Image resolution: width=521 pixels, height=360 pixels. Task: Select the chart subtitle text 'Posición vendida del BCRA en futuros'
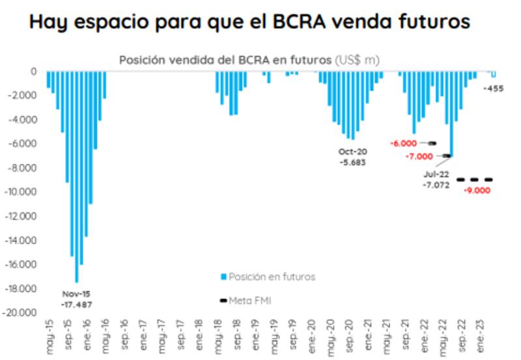(x=225, y=60)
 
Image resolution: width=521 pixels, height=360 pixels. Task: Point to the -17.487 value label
(x=76, y=304)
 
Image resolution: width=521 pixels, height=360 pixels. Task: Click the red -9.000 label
(x=476, y=191)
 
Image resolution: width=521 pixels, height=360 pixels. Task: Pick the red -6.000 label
(x=402, y=143)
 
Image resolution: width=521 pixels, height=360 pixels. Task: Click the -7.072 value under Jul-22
(x=436, y=186)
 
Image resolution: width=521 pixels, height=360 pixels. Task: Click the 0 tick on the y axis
(x=33, y=72)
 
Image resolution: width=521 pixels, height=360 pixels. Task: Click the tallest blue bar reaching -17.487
(x=76, y=176)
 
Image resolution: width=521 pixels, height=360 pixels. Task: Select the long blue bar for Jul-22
(x=451, y=114)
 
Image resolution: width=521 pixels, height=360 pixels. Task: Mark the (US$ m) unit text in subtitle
(x=357, y=60)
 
